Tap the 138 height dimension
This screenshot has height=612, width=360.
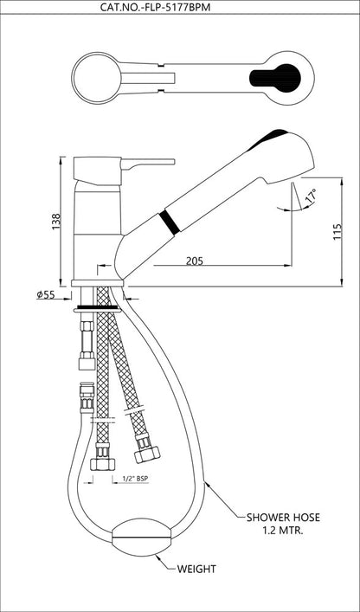click(57, 221)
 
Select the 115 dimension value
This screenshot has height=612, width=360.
click(337, 232)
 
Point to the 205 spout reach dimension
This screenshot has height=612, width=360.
click(194, 261)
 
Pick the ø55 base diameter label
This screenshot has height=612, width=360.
click(46, 295)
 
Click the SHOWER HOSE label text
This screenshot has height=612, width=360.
click(283, 518)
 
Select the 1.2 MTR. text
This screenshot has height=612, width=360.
click(283, 531)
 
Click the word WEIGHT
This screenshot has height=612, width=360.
click(196, 569)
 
